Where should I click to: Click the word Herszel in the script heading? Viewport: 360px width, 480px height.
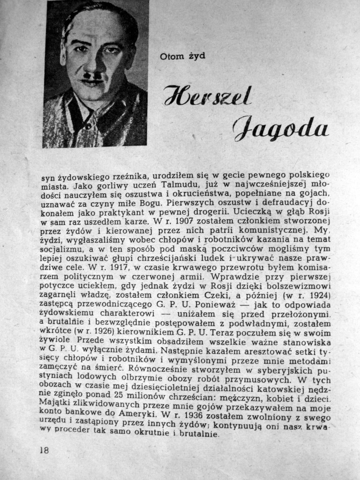[x=207, y=97]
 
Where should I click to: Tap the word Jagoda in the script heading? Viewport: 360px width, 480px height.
[x=280, y=126]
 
